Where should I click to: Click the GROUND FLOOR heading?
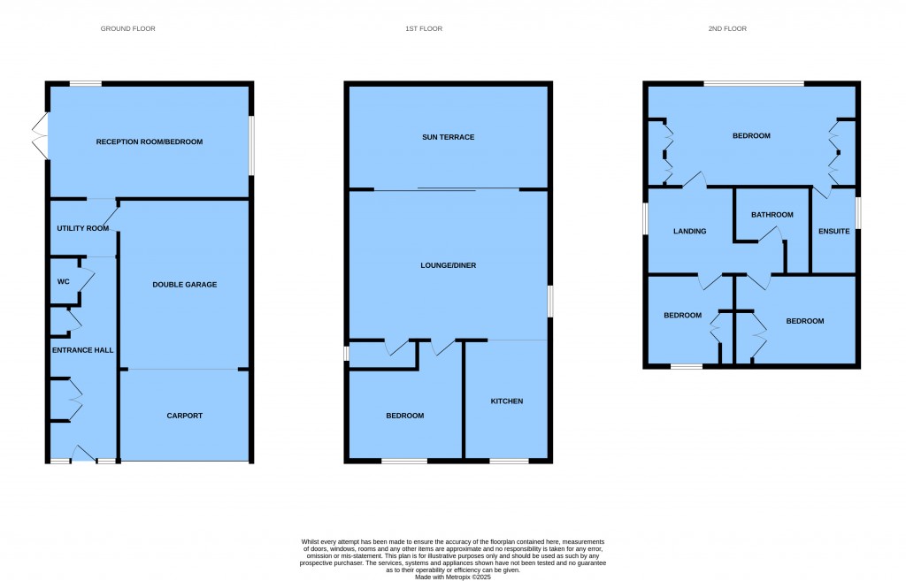pyautogui.click(x=127, y=28)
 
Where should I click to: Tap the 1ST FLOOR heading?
pyautogui.click(x=424, y=28)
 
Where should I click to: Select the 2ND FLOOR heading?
pyautogui.click(x=727, y=28)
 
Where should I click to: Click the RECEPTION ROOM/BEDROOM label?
pyautogui.click(x=149, y=141)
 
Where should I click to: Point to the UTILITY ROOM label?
pyautogui.click(x=82, y=228)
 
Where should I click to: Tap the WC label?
pyautogui.click(x=64, y=282)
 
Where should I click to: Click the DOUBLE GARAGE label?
pyautogui.click(x=185, y=284)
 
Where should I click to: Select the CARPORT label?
pyautogui.click(x=185, y=416)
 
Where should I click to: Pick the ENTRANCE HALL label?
pyautogui.click(x=82, y=350)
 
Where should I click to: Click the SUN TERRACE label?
pyautogui.click(x=449, y=137)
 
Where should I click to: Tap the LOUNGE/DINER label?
pyautogui.click(x=449, y=265)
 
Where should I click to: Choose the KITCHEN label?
pyautogui.click(x=507, y=401)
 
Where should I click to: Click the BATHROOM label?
pyautogui.click(x=772, y=214)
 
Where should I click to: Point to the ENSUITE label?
pyautogui.click(x=834, y=231)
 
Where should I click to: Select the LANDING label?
pyautogui.click(x=690, y=231)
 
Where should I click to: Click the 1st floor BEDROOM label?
pyautogui.click(x=405, y=416)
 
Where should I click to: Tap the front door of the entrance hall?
pyautogui.click(x=82, y=454)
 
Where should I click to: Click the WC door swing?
pyautogui.click(x=87, y=280)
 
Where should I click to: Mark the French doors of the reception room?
pyautogui.click(x=39, y=135)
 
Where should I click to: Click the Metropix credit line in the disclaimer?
pyautogui.click(x=453, y=577)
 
